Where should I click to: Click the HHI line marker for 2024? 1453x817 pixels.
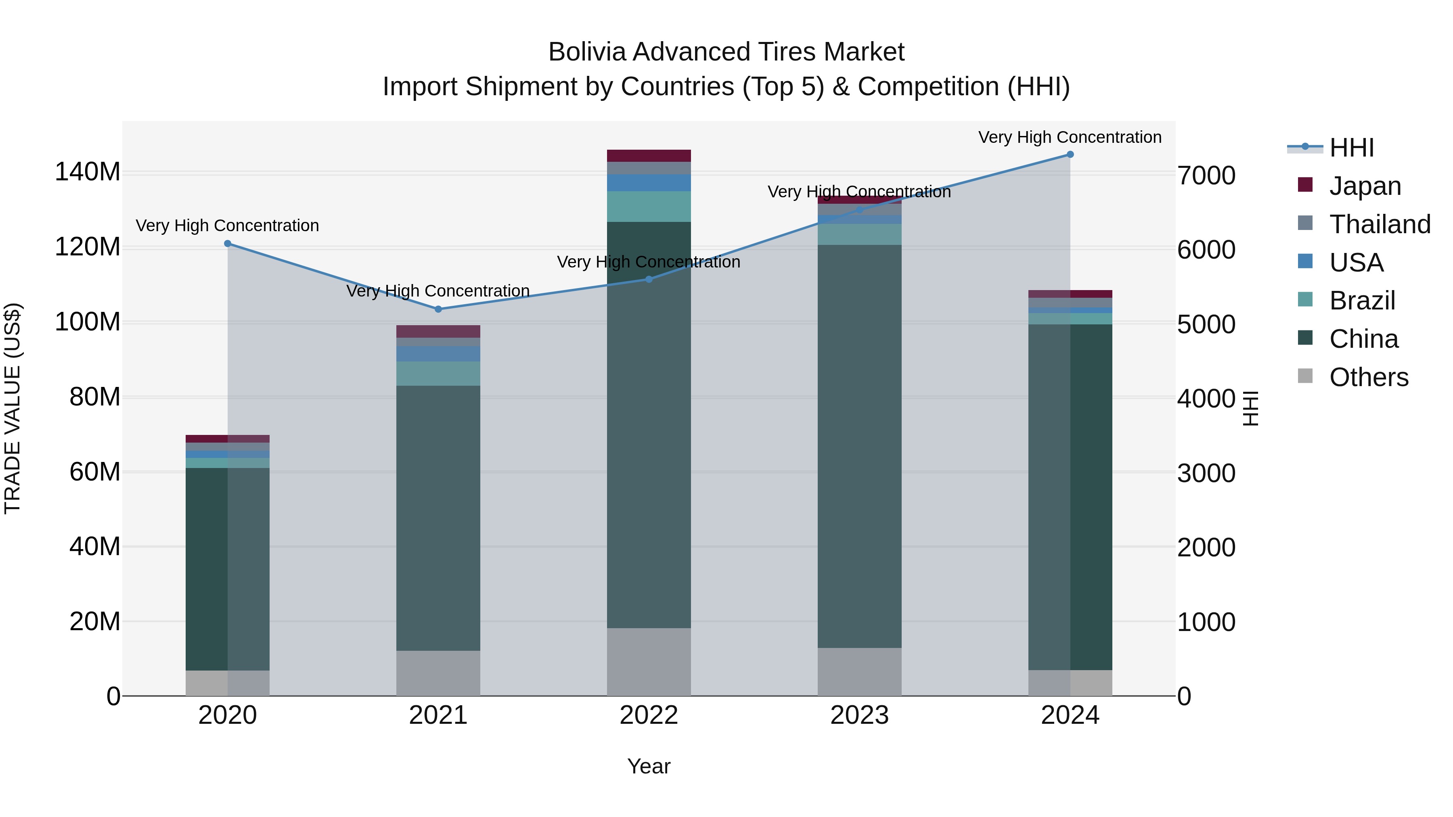tap(1070, 155)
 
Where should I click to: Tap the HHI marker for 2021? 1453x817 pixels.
tap(438, 309)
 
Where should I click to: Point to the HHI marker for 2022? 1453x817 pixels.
tap(649, 279)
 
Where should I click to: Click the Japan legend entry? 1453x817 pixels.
tap(1365, 186)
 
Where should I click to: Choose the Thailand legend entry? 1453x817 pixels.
tap(1379, 224)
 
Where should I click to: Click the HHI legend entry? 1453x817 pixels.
tap(1351, 148)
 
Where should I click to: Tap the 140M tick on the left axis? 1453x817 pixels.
tap(88, 171)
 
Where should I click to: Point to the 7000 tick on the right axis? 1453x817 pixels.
tap(1206, 176)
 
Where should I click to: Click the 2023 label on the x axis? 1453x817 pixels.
tap(859, 715)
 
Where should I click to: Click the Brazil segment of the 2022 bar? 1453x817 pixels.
tap(649, 206)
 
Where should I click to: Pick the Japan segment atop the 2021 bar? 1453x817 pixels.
tap(438, 332)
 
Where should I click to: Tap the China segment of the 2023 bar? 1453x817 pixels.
tap(859, 445)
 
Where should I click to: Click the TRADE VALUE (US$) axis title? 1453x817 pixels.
tap(13, 408)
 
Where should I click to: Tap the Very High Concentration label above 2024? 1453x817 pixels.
tap(1070, 137)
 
